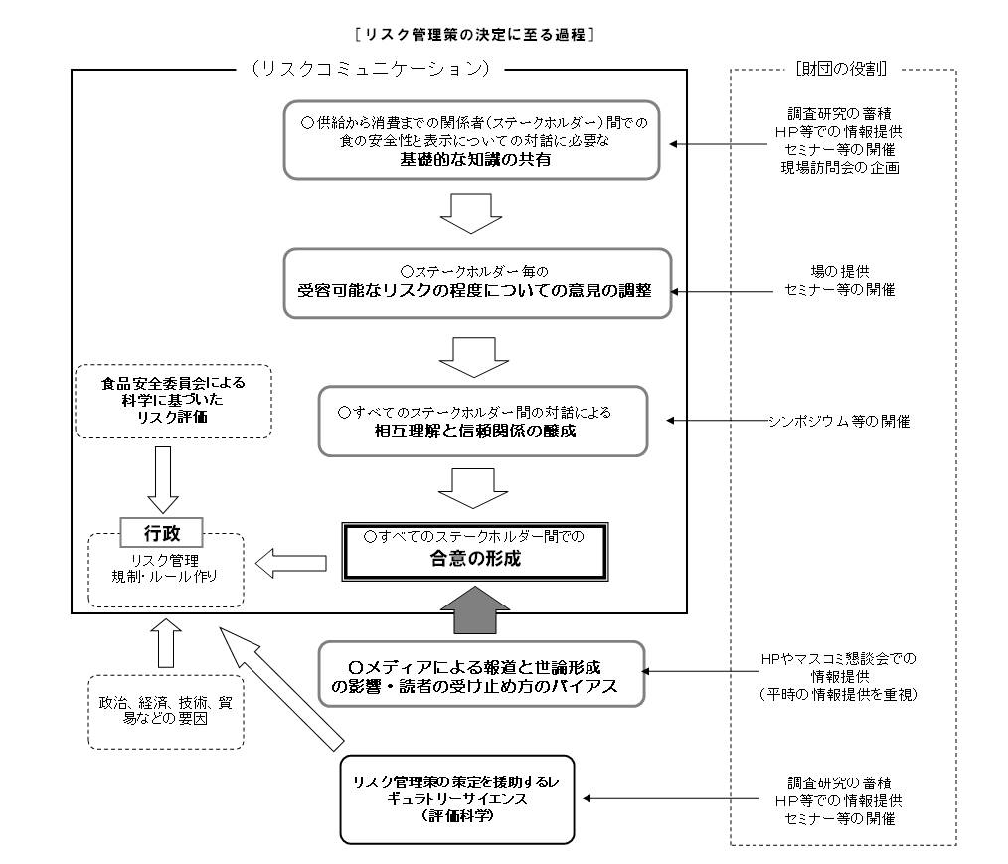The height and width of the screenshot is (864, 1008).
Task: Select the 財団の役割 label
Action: click(x=842, y=69)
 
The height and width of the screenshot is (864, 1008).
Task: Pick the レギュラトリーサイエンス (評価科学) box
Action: click(x=457, y=798)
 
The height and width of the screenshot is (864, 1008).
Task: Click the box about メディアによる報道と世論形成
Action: click(x=481, y=674)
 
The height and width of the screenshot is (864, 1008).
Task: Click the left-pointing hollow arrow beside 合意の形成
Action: click(x=291, y=564)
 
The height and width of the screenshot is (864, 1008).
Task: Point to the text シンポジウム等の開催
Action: click(x=838, y=421)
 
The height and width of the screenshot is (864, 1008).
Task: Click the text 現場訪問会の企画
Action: click(x=838, y=166)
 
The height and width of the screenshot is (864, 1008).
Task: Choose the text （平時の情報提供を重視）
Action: click(x=837, y=695)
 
